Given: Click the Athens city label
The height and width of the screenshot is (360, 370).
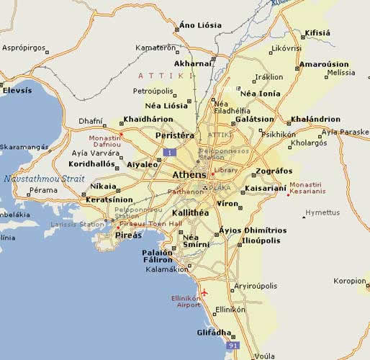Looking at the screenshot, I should tap(190, 175).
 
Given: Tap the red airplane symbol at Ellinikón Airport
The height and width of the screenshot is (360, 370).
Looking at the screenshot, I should tap(205, 292).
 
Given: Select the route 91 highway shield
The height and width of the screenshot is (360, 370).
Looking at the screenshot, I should tap(233, 346).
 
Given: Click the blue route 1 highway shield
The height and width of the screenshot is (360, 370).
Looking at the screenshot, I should tap(169, 152).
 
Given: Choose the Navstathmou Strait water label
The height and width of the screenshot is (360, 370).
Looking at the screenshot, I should tap(44, 178).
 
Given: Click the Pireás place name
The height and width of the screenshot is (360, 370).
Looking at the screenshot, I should tap(128, 235).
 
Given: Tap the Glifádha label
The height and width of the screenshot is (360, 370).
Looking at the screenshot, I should tap(214, 333).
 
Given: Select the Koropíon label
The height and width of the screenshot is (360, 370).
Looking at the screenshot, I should tap(351, 282).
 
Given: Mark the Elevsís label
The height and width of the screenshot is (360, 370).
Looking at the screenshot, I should tap(17, 91).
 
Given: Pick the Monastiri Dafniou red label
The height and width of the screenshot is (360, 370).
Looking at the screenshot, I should tap(104, 141).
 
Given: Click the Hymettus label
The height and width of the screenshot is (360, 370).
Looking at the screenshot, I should tap(322, 212).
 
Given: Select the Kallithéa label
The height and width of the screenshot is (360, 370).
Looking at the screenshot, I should tap(191, 213).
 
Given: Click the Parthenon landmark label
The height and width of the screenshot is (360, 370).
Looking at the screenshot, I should tap(186, 192).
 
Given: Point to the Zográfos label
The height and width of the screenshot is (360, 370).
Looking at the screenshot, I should tap(274, 171).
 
